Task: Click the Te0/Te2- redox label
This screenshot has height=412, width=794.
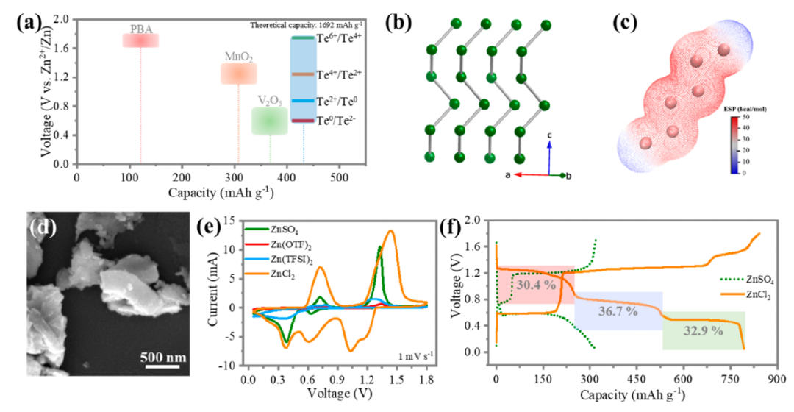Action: (336, 121)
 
